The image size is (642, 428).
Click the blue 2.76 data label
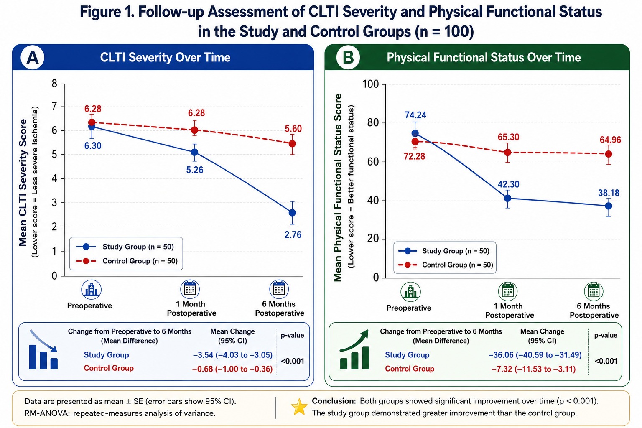pos(293,235)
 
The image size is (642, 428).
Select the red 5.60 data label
pos(293,129)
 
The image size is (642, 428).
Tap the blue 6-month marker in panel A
pos(292,213)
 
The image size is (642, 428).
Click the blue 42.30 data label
pos(508,184)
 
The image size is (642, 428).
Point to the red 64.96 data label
pos(610,140)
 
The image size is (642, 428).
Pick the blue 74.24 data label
pos(415,115)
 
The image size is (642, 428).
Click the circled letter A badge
pos(32,58)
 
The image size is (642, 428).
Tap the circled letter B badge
pos(348,58)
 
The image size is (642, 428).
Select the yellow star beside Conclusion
pos(299,407)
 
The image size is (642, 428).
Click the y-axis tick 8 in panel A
pos(54,84)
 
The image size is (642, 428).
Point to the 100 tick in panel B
pos(370,84)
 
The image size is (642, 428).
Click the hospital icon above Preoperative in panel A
pos(91,290)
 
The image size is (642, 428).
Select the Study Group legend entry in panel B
pos(443,251)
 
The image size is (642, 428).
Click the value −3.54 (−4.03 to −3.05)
pos(232,355)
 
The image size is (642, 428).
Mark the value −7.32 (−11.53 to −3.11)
pos(534,369)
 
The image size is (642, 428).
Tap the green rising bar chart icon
pos(354,349)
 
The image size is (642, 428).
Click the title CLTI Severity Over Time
pos(165,57)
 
